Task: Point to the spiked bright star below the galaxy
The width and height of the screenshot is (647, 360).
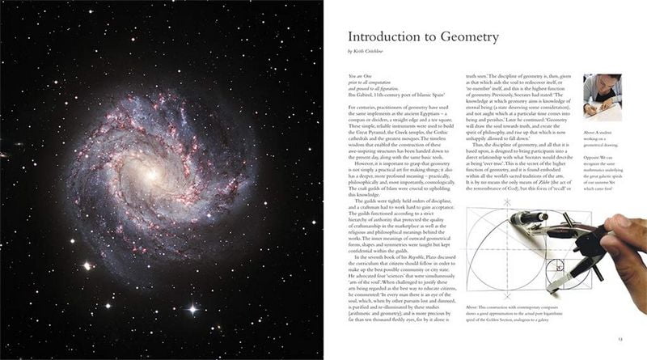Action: [x=192, y=308]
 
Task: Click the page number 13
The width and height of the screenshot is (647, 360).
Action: [x=618, y=340]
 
